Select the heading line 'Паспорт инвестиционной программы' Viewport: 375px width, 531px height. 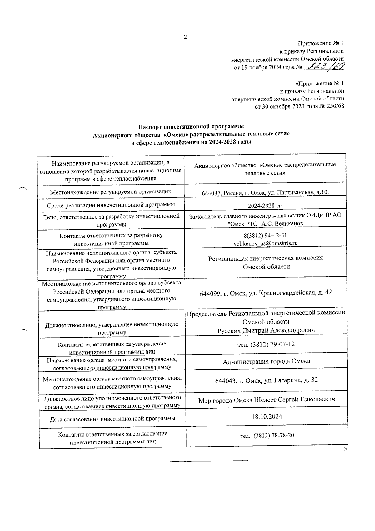pyautogui.click(x=191, y=126)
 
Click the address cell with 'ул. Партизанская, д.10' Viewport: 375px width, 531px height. pyautogui.click(x=265, y=192)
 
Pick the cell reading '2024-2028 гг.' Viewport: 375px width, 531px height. pyautogui.click(x=265, y=206)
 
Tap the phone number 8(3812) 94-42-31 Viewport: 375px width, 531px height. pyautogui.click(x=265, y=235)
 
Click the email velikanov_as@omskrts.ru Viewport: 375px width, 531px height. pyautogui.click(x=265, y=243)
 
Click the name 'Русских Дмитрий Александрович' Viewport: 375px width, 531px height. pyautogui.click(x=266, y=330)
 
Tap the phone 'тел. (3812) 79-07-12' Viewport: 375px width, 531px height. pyautogui.click(x=266, y=344)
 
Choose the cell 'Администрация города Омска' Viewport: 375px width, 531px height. pyautogui.click(x=266, y=361)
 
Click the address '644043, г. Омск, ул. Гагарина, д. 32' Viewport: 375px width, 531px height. pyautogui.click(x=266, y=380)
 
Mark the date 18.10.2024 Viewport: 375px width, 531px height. pyautogui.click(x=267, y=416)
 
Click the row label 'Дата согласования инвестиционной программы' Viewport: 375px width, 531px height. pyautogui.click(x=112, y=418)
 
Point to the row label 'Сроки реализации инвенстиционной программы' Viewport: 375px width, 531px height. pyautogui.click(x=111, y=205)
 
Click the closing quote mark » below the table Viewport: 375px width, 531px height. pyautogui.click(x=345, y=449)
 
